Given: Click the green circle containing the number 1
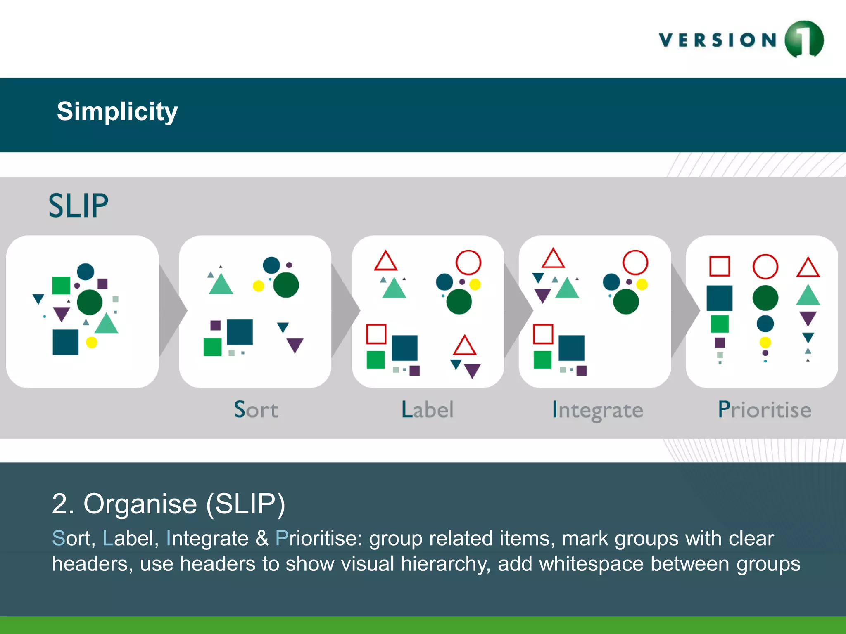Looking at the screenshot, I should tap(804, 39).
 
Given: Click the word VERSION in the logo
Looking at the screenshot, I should tap(718, 40).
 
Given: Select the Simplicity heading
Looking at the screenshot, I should tap(117, 111).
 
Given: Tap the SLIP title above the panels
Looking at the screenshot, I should tap(78, 206).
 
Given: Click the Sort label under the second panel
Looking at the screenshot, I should tap(256, 409).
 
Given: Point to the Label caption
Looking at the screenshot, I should tap(428, 409).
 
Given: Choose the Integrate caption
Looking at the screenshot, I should tap(598, 410).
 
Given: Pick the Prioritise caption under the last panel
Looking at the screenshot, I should tap(765, 409).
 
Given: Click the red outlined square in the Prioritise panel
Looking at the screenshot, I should tap(720, 266).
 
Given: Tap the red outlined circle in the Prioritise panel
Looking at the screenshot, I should tap(765, 267).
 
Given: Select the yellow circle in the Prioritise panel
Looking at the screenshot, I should tap(765, 342).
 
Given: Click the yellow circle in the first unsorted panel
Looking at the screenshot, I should tap(91, 342).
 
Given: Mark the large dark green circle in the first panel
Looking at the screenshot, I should tap(90, 302).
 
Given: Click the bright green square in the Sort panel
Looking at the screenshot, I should tap(212, 347).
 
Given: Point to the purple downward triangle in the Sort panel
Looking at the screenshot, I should tap(295, 345).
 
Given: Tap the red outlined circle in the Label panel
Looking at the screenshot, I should tap(468, 262).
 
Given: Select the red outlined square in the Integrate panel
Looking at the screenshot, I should tap(543, 334).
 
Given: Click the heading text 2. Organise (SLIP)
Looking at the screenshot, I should tap(169, 504).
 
